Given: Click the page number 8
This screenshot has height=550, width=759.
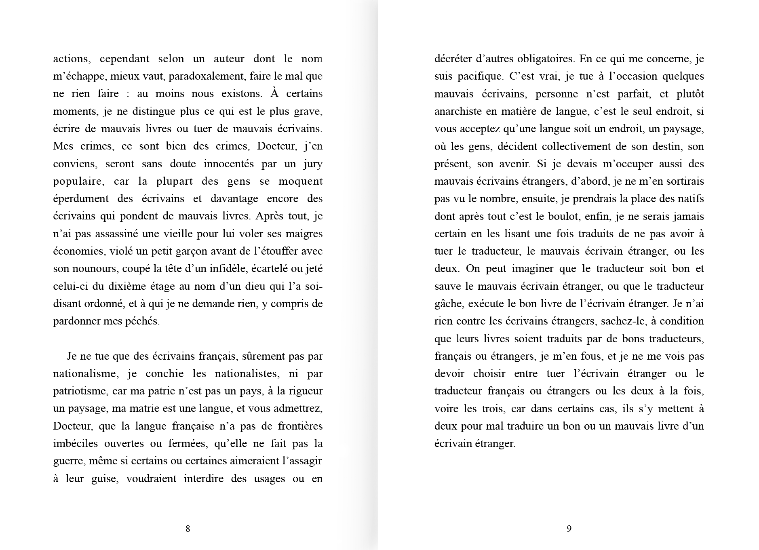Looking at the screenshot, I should pos(188,529).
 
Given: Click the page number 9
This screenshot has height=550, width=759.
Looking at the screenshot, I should pos(569,529).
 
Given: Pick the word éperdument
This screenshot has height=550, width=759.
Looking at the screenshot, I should pos(81,199).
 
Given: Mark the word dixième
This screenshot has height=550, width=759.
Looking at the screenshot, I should pos(122,286).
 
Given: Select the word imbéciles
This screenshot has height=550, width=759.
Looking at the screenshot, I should pos(75,443).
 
